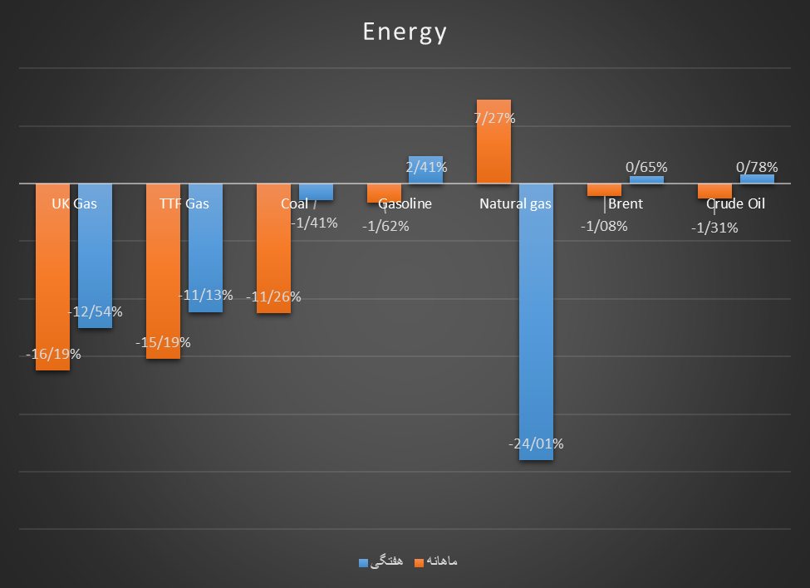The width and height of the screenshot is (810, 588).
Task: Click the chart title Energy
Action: [x=405, y=32]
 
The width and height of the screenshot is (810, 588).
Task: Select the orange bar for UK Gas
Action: [x=52, y=282]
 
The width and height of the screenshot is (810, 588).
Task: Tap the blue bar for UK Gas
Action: [x=95, y=257]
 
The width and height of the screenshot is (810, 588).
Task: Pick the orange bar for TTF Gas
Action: [x=163, y=274]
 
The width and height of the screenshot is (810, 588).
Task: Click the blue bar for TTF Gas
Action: [x=205, y=249]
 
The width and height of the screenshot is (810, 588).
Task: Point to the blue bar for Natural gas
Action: [x=536, y=332]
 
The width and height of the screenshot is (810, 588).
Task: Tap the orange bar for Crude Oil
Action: [x=714, y=191]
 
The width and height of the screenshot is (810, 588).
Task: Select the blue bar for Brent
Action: [x=646, y=179]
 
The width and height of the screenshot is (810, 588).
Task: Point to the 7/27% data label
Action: [x=494, y=119]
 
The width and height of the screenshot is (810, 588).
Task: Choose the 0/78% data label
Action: [x=758, y=167]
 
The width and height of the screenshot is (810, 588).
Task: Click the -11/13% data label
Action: [x=206, y=295]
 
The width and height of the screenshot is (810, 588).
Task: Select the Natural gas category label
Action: [x=515, y=204]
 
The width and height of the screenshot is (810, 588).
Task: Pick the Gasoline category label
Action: [x=405, y=204]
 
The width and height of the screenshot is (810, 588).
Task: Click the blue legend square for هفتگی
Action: [x=363, y=562]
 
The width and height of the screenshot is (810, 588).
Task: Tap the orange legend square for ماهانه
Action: [x=418, y=562]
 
